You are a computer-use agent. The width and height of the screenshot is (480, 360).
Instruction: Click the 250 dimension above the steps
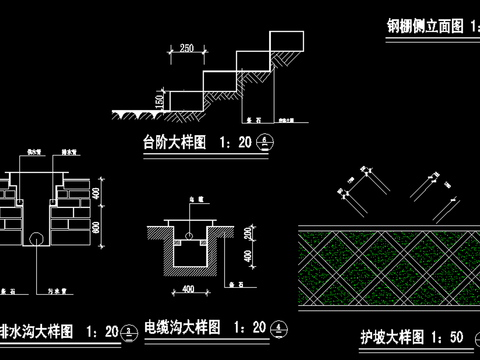tap(187, 47)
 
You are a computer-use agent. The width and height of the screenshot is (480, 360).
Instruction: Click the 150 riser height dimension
tap(158, 100)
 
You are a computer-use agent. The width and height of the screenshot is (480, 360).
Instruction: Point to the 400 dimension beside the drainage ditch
tap(97, 191)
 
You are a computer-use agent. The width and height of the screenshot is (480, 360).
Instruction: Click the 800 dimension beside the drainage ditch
tap(97, 228)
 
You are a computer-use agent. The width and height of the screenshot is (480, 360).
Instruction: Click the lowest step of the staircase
tap(185, 98)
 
